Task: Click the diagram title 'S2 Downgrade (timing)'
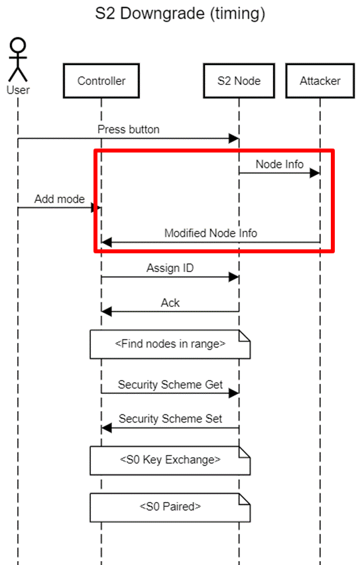(180, 14)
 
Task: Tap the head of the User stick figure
(18, 46)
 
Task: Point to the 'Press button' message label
(129, 129)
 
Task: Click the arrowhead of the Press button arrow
(234, 138)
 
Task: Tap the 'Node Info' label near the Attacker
(280, 164)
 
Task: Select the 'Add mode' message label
(60, 199)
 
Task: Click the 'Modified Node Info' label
(211, 233)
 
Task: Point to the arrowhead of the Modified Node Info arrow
(107, 242)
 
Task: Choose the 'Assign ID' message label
(170, 268)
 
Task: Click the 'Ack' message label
(170, 302)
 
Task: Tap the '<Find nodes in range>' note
(170, 344)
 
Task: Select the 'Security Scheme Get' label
(170, 385)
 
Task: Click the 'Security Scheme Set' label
(170, 418)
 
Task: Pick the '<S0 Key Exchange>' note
(170, 460)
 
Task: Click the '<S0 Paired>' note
(170, 507)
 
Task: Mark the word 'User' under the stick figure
(18, 90)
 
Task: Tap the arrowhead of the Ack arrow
(107, 311)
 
